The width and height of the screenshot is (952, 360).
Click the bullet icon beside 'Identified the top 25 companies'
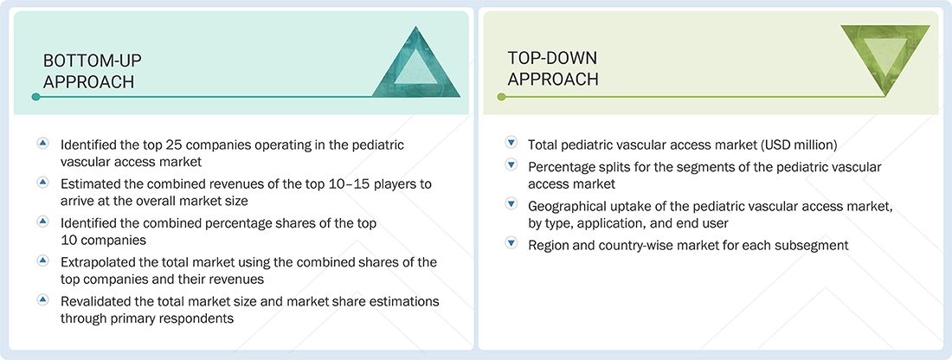pos(43,144)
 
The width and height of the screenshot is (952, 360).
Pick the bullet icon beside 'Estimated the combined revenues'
pos(43,183)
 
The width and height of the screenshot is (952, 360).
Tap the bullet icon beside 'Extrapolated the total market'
pos(43,260)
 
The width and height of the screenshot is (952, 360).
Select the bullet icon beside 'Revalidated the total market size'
pos(43,299)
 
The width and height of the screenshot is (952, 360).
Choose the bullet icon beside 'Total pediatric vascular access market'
pos(511,144)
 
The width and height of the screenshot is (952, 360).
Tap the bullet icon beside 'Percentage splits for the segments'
pos(511,166)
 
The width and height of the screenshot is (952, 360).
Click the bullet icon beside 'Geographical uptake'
pos(511,205)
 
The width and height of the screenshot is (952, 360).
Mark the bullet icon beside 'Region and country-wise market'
pos(511,244)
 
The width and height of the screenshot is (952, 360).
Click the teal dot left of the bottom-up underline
pos(35,97)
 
